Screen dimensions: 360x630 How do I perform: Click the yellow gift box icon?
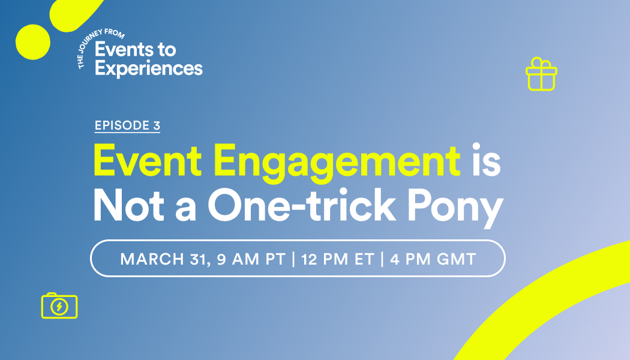(x=541, y=76)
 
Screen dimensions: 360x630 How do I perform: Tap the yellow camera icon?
(x=59, y=305)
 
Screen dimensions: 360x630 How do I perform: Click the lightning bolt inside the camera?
(x=59, y=307)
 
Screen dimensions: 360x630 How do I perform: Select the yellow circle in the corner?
(x=32, y=41)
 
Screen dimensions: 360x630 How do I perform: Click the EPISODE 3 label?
(x=127, y=125)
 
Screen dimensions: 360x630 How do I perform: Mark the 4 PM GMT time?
(x=432, y=259)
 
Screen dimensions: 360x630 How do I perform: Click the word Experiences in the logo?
(x=149, y=68)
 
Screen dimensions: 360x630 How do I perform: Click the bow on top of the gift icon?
(x=541, y=62)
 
